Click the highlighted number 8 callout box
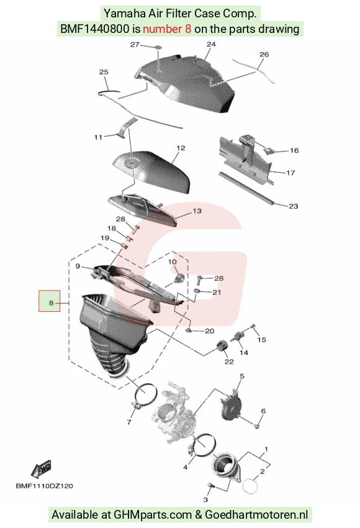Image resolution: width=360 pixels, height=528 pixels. [x=49, y=301]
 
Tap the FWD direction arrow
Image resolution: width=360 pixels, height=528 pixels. [x=41, y=469]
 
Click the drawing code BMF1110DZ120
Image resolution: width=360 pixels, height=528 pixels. [x=45, y=486]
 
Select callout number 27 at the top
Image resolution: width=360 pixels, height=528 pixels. [x=135, y=45]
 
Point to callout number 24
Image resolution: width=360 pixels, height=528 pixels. [x=211, y=45]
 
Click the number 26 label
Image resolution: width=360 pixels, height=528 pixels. [x=264, y=54]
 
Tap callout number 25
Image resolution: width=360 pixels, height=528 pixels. [x=104, y=71]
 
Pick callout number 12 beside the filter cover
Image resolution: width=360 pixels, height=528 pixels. [x=181, y=148]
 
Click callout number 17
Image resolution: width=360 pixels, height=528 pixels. [x=290, y=173]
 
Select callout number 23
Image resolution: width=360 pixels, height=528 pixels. [x=294, y=206]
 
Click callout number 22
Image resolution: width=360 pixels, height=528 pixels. [x=229, y=362]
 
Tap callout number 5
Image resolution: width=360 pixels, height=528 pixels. [x=241, y=376]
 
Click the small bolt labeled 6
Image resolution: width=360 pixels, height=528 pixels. [x=257, y=426]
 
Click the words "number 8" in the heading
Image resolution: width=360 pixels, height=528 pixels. [x=167, y=29]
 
